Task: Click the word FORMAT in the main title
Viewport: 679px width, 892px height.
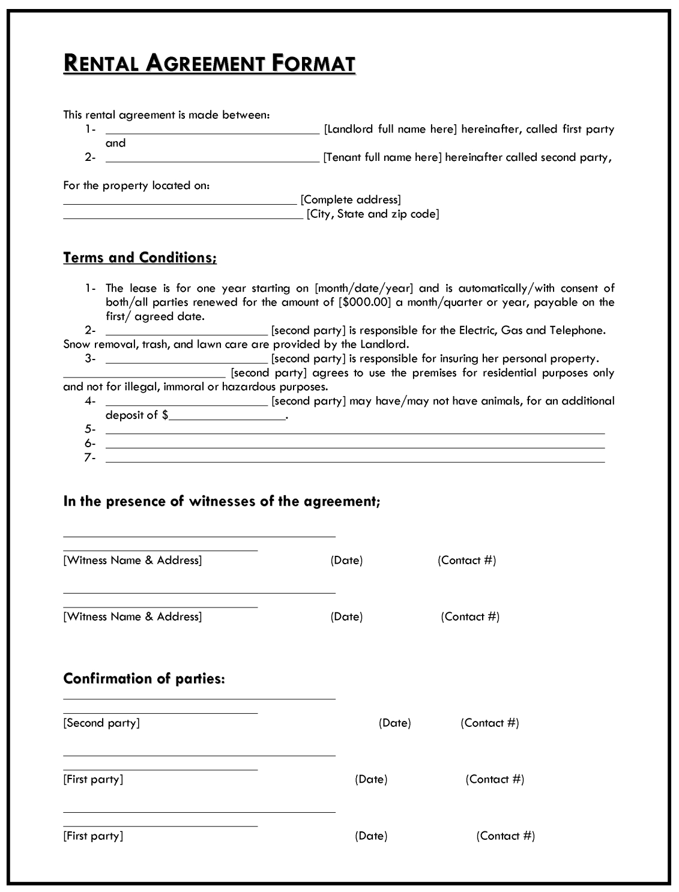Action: point(313,63)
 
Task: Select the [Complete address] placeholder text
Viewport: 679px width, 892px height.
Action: point(351,200)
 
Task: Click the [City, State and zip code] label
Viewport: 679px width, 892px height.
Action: point(373,214)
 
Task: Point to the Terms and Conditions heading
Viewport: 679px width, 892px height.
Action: point(140,258)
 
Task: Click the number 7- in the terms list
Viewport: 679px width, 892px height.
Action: point(90,458)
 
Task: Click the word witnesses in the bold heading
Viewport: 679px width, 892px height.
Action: point(222,501)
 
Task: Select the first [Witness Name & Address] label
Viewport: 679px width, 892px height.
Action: point(133,561)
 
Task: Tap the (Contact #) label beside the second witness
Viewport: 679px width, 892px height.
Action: point(470,616)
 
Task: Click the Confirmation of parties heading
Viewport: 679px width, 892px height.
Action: point(144,679)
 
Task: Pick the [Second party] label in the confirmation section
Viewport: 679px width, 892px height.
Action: point(101,723)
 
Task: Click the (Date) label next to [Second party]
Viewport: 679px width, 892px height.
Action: point(394,723)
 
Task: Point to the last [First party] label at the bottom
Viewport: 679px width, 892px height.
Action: point(93,836)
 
